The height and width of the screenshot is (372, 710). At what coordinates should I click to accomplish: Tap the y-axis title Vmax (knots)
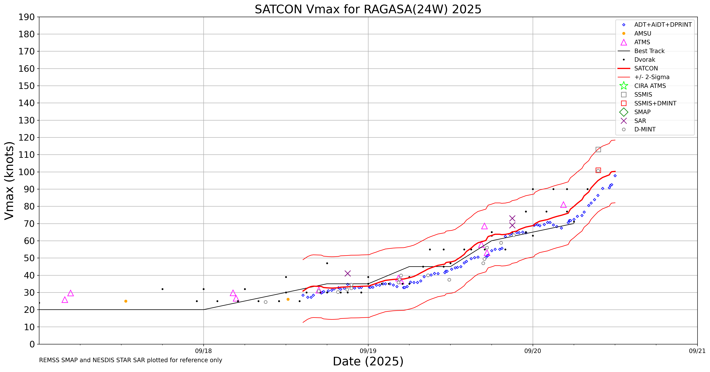[x=9, y=180]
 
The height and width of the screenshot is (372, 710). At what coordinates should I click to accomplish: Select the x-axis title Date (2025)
[x=368, y=361]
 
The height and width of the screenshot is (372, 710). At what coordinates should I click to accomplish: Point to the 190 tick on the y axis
[x=27, y=17]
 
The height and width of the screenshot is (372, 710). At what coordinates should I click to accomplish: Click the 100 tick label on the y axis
[x=27, y=172]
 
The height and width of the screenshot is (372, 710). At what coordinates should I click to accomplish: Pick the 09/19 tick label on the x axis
[x=368, y=351]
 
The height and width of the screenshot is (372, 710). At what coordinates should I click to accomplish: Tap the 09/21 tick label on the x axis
[x=697, y=351]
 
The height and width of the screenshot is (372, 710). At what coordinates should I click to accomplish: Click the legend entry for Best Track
[x=649, y=51]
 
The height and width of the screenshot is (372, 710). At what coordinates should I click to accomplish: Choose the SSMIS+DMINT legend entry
[x=655, y=103]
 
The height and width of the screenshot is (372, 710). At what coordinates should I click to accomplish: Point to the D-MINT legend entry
[x=645, y=129]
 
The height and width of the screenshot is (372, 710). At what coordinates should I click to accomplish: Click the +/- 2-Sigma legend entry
[x=652, y=77]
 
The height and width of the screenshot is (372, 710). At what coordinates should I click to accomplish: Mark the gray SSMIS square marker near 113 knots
[x=598, y=149]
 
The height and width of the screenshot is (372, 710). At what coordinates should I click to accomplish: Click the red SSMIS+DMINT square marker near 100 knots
[x=598, y=170]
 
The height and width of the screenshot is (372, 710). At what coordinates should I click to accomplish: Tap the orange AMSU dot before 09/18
[x=126, y=301]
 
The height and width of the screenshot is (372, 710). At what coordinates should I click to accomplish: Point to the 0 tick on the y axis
[x=32, y=344]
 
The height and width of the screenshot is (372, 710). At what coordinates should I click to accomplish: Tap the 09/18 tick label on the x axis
[x=203, y=351]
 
